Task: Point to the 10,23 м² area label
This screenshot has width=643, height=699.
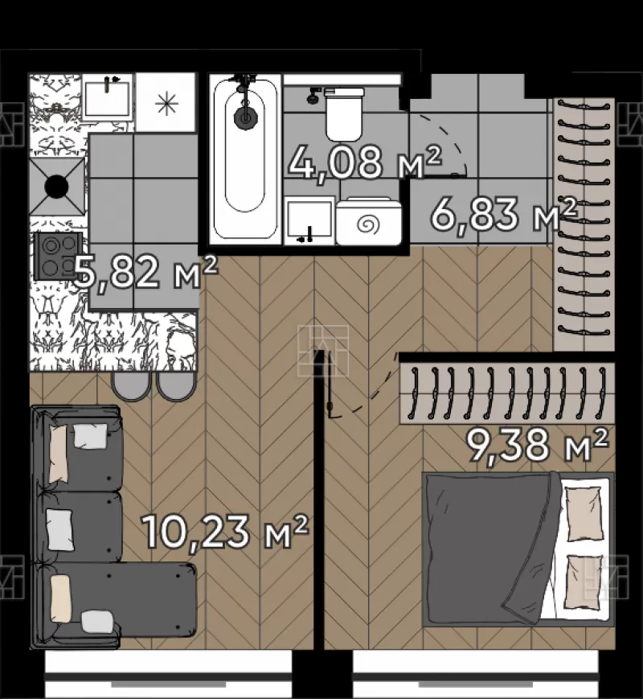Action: (224, 531)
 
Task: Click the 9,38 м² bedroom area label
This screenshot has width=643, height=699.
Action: (536, 445)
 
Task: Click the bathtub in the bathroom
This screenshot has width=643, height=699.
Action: (244, 159)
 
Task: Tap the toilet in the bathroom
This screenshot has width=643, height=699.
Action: (344, 113)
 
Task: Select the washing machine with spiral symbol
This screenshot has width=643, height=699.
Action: (369, 221)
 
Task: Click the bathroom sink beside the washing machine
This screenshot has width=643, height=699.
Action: (309, 220)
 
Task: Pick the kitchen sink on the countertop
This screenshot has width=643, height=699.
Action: (108, 97)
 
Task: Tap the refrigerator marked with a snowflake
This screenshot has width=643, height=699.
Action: (166, 102)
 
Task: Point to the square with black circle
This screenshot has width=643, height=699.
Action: (56, 187)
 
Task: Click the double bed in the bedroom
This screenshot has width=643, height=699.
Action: (518, 549)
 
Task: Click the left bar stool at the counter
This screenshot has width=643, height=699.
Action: (131, 386)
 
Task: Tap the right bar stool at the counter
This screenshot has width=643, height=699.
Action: (175, 386)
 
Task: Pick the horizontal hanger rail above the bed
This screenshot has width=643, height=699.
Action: (507, 393)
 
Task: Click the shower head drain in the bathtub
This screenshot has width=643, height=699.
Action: (245, 116)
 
